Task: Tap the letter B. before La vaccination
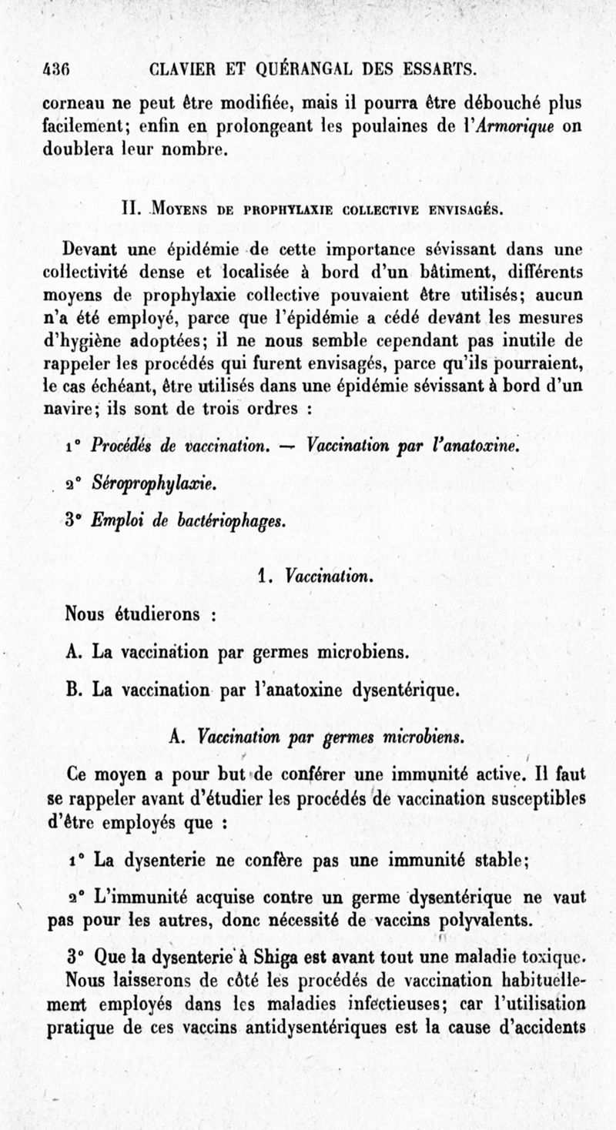pyautogui.click(x=74, y=689)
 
